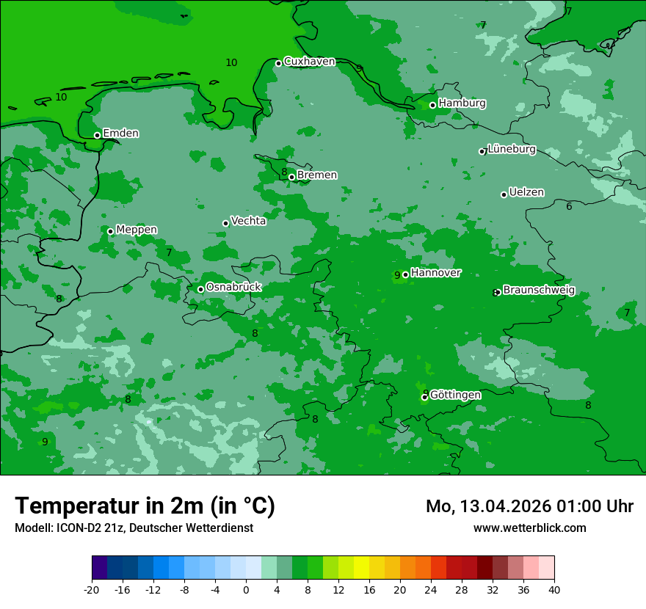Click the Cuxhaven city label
click(309, 62)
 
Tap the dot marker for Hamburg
click(432, 105)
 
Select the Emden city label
click(120, 134)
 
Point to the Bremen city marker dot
click(291, 177)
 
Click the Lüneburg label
click(512, 150)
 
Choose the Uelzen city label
click(526, 193)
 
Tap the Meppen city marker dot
click(110, 231)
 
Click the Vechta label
click(248, 221)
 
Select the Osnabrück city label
click(233, 288)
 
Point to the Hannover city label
click(435, 273)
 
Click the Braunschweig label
click(538, 291)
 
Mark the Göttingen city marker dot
click(424, 397)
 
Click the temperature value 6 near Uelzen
click(569, 207)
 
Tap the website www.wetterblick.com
click(529, 528)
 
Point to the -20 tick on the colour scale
click(92, 590)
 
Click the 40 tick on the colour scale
click(554, 590)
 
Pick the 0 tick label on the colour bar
click(246, 590)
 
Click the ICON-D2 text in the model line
click(77, 528)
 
